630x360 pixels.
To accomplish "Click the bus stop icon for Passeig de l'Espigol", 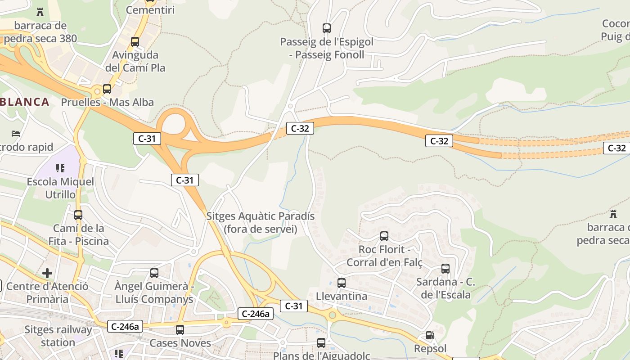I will point(327,28).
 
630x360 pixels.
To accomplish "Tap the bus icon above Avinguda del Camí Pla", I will point(135,42).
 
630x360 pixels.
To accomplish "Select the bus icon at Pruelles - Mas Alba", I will point(107,89).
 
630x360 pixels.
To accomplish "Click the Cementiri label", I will point(150,10).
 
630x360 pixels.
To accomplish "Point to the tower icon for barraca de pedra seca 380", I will point(40,12).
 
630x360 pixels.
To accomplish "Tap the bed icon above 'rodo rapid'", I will point(16,134).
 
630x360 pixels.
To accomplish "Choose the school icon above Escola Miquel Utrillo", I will point(60,168).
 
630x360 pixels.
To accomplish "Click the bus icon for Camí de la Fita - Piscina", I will point(78,215).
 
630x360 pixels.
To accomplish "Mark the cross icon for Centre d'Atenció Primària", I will point(47,273).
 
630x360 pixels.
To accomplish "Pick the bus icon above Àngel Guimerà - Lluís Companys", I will point(154,273).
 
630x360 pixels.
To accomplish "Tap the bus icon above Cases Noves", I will point(180,329).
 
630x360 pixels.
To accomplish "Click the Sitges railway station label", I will point(58,336).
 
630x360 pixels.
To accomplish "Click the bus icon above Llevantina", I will point(342,283).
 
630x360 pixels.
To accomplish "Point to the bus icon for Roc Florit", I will point(384,236).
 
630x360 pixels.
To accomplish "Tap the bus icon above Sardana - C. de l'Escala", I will point(445,269).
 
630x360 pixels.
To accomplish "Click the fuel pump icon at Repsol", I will point(430,335).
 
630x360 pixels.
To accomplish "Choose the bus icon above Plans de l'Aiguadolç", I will point(321,342).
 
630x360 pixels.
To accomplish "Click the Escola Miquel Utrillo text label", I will point(60,188).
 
